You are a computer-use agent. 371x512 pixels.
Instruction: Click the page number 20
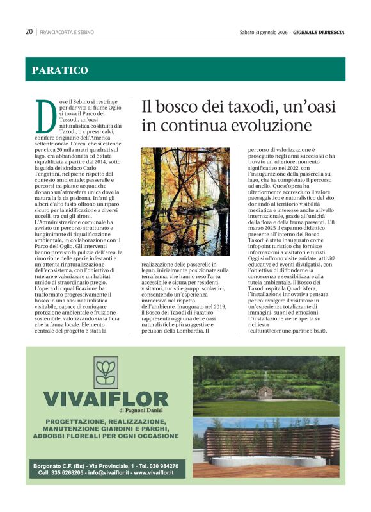(29, 31)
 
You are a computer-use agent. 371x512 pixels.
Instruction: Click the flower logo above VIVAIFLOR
(105, 372)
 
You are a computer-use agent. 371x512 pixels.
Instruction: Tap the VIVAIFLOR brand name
(106, 400)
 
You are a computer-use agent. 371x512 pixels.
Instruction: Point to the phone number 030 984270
(161, 465)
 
